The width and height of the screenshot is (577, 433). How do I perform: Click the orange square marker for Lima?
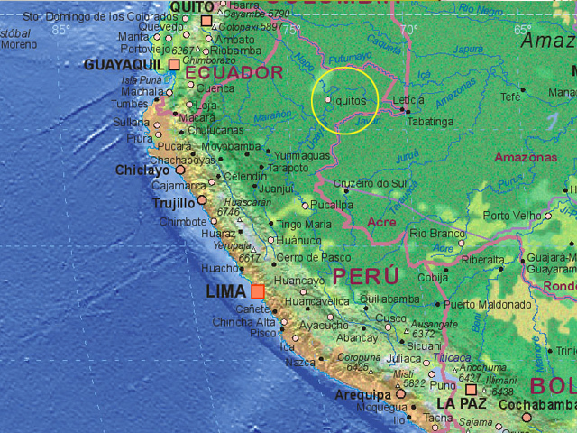click(258, 291)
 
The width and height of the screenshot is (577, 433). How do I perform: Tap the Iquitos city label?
click(350, 101)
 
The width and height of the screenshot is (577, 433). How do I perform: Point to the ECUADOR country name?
click(235, 72)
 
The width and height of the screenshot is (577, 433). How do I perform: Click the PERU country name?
click(365, 275)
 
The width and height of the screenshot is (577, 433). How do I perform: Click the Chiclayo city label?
click(142, 170)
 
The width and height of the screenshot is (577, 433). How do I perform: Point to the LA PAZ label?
click(462, 404)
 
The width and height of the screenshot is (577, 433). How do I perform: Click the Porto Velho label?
click(511, 216)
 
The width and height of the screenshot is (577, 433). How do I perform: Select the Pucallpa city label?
click(332, 205)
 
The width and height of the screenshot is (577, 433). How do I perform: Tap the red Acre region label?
click(382, 222)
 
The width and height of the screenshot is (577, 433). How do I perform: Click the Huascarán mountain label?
click(246, 202)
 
